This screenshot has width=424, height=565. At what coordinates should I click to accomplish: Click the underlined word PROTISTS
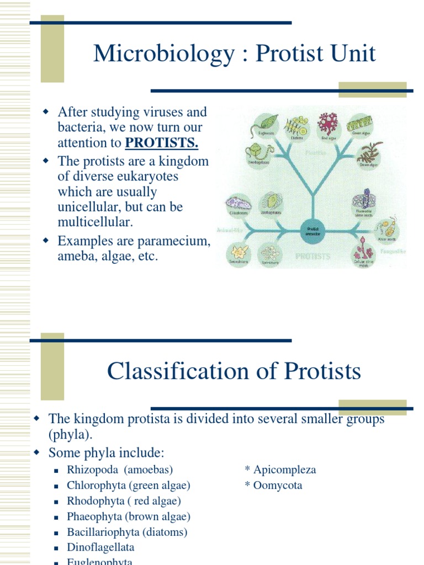click(161, 143)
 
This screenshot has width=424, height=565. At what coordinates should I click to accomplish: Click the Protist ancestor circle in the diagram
click(313, 231)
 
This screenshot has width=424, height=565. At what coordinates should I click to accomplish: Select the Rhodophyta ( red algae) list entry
click(124, 501)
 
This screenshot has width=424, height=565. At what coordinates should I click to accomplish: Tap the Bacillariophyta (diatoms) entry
click(127, 532)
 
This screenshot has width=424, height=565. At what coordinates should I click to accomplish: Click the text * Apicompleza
click(280, 470)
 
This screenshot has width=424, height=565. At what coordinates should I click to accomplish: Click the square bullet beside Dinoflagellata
click(56, 548)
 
